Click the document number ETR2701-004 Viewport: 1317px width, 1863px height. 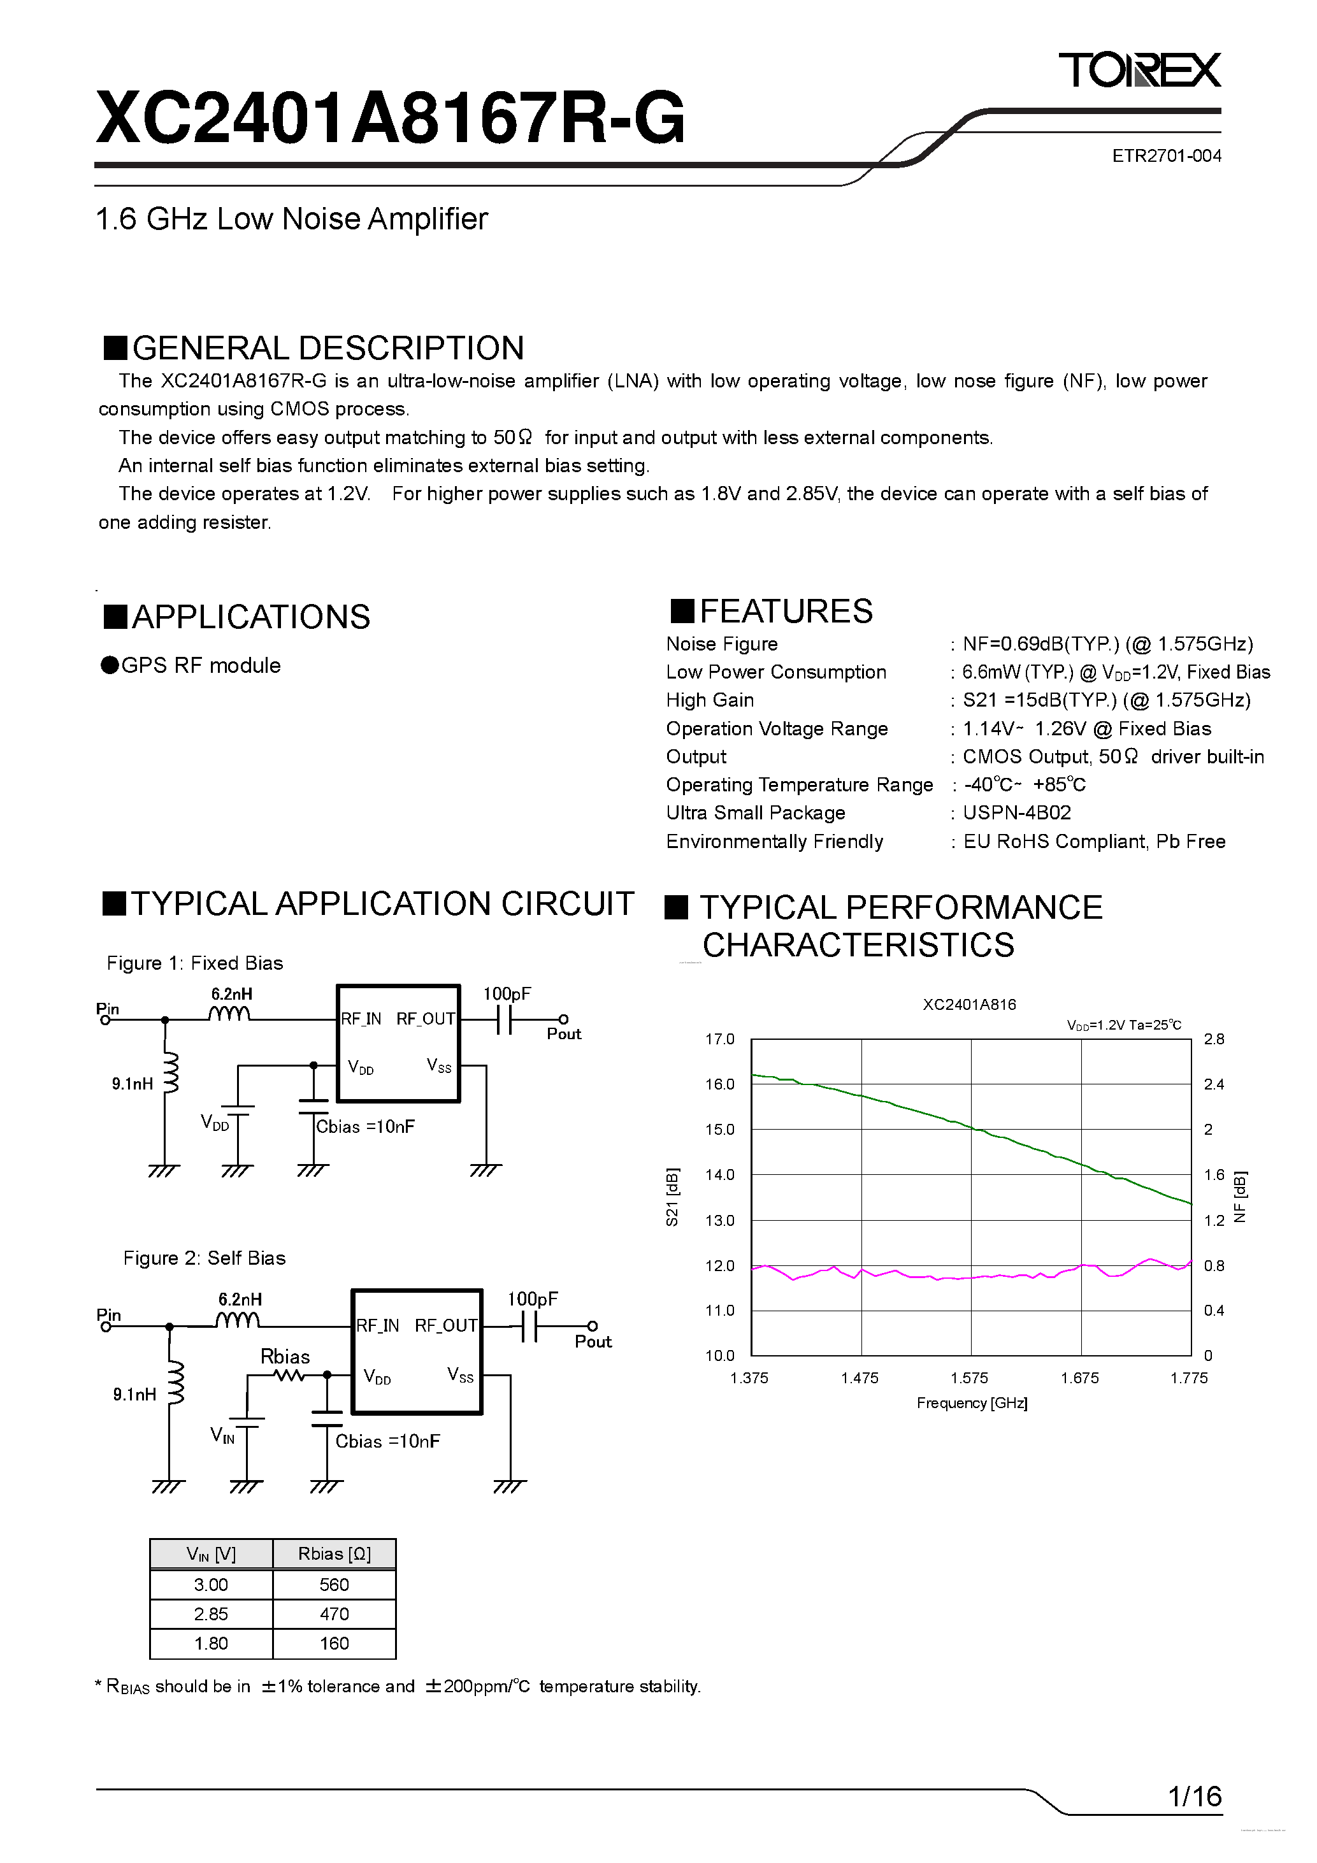pyautogui.click(x=1166, y=156)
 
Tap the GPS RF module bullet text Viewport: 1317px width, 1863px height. pyautogui.click(x=201, y=665)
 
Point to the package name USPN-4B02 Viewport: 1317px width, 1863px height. pyautogui.click(x=1016, y=812)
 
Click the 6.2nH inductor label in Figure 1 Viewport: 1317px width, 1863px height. pyautogui.click(x=231, y=994)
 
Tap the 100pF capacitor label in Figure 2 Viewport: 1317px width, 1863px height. pyautogui.click(x=532, y=1299)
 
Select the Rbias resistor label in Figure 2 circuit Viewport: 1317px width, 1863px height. pyautogui.click(x=285, y=1356)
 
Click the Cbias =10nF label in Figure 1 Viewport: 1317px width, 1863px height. pyautogui.click(x=365, y=1126)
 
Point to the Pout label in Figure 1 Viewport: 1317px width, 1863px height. pyautogui.click(x=564, y=1033)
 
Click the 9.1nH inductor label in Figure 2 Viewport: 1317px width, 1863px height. pyautogui.click(x=134, y=1394)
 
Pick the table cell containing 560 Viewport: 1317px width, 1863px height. pyautogui.click(x=333, y=1585)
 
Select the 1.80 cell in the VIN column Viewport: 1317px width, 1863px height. pyautogui.click(x=211, y=1643)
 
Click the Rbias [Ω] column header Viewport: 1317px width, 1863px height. pyautogui.click(x=333, y=1554)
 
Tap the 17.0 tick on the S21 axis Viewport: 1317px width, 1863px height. pyautogui.click(x=719, y=1039)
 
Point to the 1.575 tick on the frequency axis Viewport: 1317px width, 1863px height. pyautogui.click(x=970, y=1377)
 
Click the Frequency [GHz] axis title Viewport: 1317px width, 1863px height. pyautogui.click(x=971, y=1403)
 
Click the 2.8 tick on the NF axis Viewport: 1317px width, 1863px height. pyautogui.click(x=1214, y=1039)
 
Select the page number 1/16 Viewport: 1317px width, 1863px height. pyautogui.click(x=1195, y=1797)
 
